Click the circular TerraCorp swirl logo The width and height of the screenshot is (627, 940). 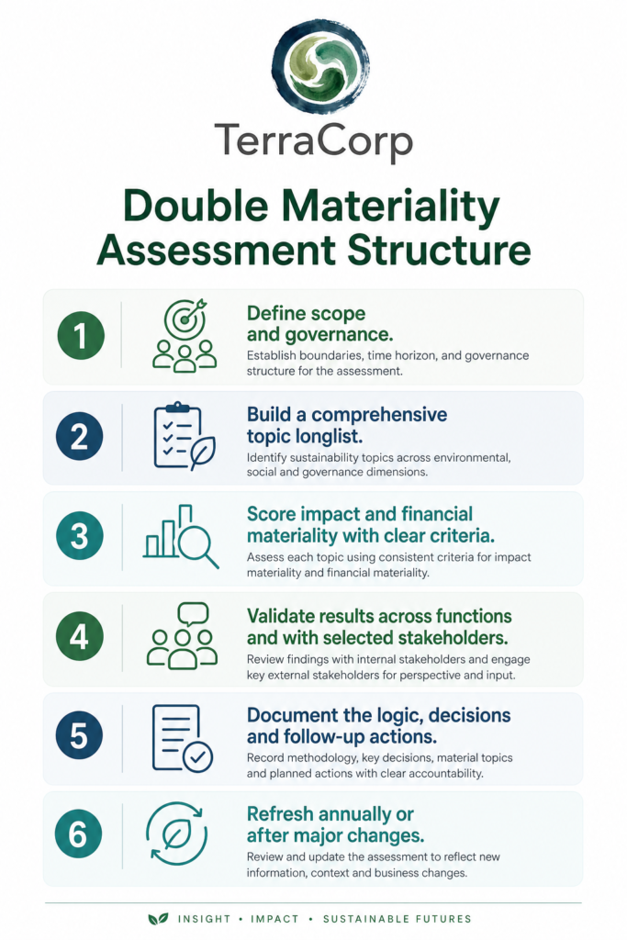coord(320,66)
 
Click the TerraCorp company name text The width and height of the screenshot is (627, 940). coord(314,141)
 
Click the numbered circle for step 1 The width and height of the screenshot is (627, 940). coord(80,336)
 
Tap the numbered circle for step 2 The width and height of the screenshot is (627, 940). coord(80,436)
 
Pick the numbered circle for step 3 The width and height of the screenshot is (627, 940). coord(80,536)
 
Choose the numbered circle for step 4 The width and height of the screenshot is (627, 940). coord(80,637)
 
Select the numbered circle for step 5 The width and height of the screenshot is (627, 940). coord(79,735)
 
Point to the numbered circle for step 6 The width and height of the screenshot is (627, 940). coord(79,834)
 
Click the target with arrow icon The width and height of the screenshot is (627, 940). coord(185,318)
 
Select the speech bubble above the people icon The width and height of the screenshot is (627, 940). coord(194,614)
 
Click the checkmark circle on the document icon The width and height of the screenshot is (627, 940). coord(197,757)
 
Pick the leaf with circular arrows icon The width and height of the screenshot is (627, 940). coord(177,834)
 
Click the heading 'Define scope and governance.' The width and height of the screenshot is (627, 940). coord(320,324)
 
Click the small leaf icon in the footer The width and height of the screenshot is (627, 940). coord(158,918)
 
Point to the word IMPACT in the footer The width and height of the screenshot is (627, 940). coord(274,919)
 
